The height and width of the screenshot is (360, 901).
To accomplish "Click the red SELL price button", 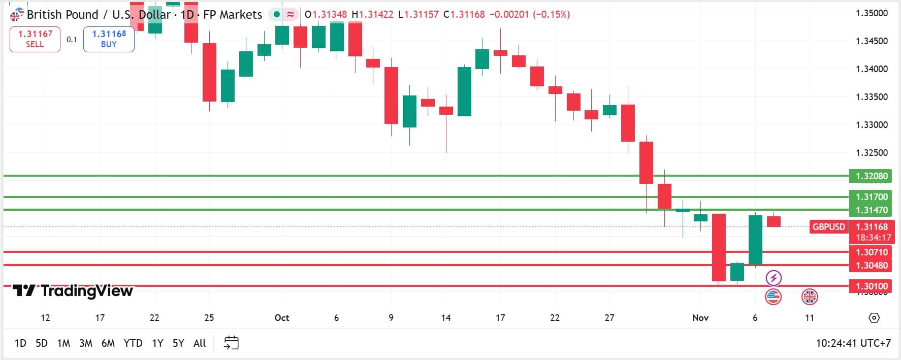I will [35, 39].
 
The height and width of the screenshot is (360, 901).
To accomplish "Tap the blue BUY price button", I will [109, 39].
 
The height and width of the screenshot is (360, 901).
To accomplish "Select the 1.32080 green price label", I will [871, 176].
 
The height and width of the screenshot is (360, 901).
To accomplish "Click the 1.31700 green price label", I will [871, 197].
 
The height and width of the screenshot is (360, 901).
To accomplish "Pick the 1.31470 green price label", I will [871, 210].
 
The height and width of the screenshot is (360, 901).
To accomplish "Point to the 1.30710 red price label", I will [871, 252].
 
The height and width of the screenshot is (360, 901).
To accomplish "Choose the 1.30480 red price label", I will [871, 265].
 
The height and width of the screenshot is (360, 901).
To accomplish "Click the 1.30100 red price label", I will [871, 286].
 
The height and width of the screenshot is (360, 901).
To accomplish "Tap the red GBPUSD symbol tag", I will [828, 227].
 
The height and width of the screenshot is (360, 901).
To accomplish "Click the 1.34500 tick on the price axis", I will [872, 41].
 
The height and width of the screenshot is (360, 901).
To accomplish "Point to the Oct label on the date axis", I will [282, 318].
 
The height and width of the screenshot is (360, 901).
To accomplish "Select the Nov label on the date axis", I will [700, 318].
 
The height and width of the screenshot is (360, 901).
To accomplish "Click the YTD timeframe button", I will [133, 343].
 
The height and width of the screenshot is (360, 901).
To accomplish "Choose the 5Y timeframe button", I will [178, 343].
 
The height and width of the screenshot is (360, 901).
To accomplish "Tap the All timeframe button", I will [200, 343].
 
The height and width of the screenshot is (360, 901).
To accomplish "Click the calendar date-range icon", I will [231, 343].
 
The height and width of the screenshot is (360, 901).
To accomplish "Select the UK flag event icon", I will [810, 297].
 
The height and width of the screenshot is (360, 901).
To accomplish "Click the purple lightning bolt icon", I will [773, 278].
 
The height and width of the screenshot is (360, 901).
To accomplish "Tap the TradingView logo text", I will [86, 290].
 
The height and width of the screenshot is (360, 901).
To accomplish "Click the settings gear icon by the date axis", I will [874, 318].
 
